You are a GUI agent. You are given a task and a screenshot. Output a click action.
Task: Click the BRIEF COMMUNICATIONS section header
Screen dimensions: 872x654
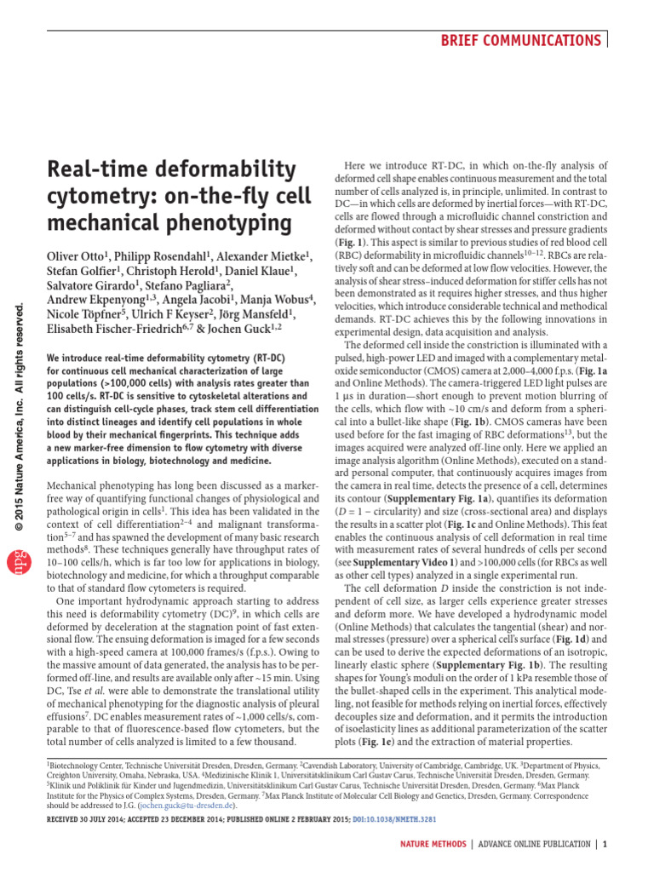click(532, 40)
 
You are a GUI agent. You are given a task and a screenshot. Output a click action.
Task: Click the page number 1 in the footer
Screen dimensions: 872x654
click(605, 844)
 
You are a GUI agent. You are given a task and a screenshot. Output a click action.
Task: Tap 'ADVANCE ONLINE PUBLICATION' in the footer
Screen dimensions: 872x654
click(533, 844)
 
